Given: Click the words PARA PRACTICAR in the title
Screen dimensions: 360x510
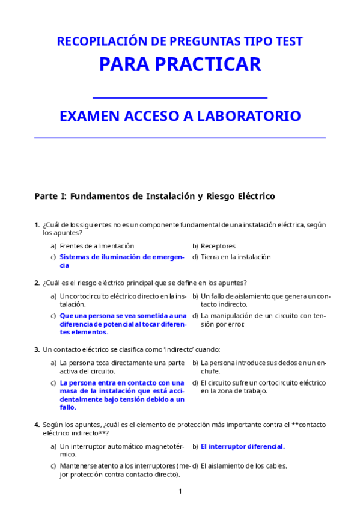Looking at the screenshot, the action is click(x=180, y=64).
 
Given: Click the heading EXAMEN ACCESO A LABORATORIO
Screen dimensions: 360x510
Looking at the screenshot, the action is click(x=180, y=116).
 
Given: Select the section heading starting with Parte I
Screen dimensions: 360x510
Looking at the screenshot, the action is click(x=154, y=196).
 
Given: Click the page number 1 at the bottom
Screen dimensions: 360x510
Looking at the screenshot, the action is click(x=180, y=491).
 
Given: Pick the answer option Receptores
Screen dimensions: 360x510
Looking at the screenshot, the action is click(x=218, y=246).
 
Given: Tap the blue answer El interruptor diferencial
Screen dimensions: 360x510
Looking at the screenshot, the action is click(x=243, y=447).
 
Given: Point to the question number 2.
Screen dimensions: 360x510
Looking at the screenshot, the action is click(x=37, y=283).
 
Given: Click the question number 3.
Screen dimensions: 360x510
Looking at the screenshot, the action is click(x=37, y=349).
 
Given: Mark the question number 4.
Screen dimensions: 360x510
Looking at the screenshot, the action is click(x=37, y=425).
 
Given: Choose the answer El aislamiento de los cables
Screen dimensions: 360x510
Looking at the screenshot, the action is click(x=244, y=465).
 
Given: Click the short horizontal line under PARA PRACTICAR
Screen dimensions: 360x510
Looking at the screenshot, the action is click(x=180, y=97).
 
